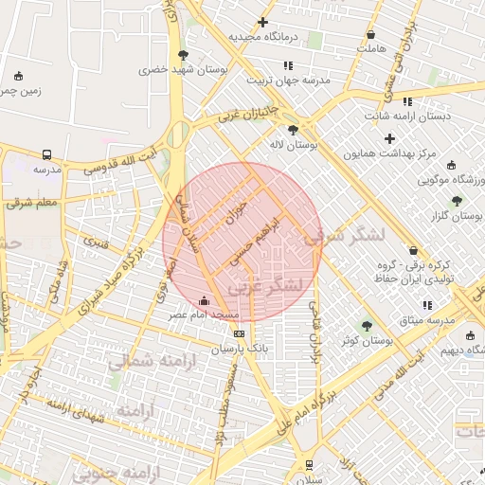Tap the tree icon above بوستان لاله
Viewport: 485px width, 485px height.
click(293, 131)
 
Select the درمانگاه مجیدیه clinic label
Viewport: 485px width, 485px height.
click(262, 36)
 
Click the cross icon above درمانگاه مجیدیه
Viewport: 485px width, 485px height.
click(262, 22)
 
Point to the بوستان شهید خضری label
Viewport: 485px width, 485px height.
click(166, 69)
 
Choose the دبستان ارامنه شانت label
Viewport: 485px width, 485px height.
click(408, 116)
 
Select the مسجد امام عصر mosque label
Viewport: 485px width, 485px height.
click(207, 314)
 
